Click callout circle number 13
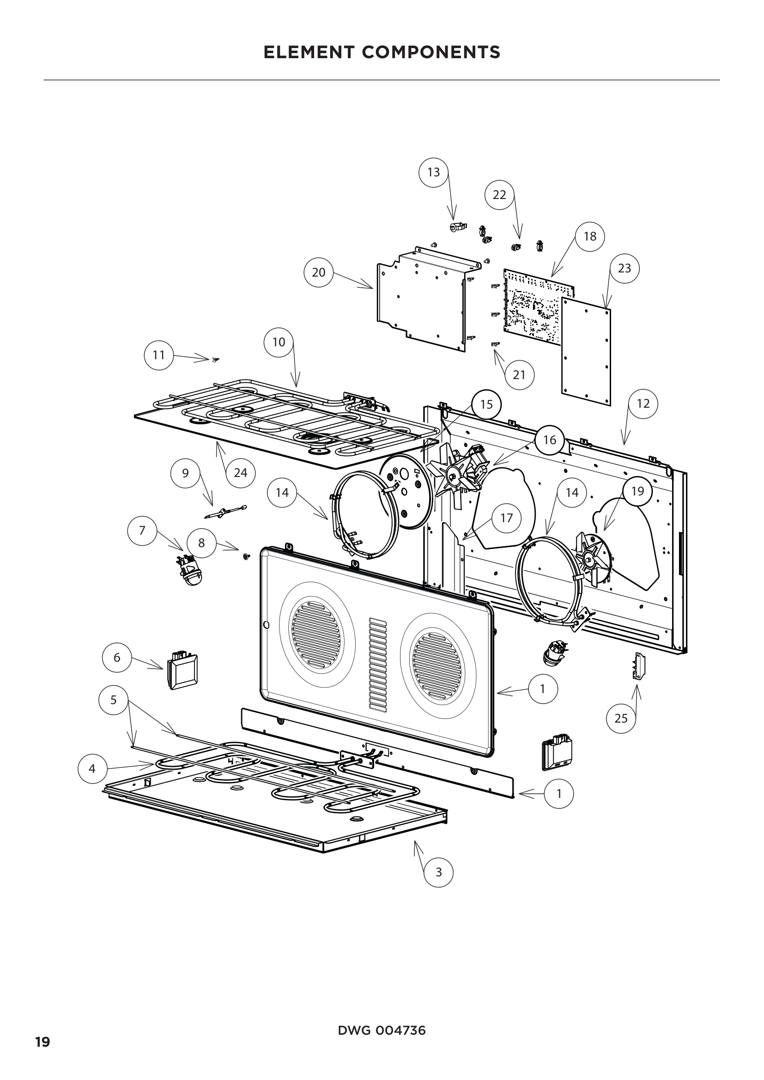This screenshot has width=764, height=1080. point(433,172)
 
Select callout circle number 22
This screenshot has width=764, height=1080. point(499,194)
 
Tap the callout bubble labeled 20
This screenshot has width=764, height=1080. point(319,272)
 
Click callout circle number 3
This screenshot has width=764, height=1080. point(438,872)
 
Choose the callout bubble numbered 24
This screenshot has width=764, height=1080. point(240,472)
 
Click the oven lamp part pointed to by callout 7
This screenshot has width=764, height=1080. point(188,570)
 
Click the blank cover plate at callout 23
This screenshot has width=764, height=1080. point(586,350)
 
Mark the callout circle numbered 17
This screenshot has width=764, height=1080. point(506,518)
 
